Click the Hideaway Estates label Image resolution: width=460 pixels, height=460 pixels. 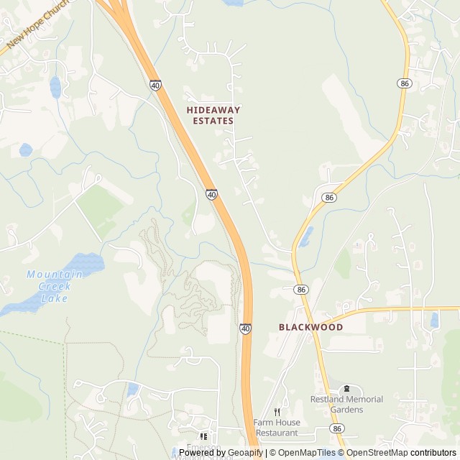[213, 115]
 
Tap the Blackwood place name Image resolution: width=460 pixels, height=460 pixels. [310, 326]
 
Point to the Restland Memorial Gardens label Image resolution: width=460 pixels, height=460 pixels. [346, 404]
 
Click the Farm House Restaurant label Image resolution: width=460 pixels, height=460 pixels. [277, 428]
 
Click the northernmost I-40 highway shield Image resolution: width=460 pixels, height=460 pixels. [155, 85]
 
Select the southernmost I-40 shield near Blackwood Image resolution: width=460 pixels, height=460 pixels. [246, 328]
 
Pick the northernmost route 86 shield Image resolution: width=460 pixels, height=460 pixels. [405, 84]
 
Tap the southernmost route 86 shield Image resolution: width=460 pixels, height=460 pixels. [337, 428]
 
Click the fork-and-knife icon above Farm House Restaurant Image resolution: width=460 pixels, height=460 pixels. [277, 412]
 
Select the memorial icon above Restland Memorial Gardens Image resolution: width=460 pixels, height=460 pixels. [347, 389]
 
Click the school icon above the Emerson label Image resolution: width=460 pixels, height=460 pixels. [203, 436]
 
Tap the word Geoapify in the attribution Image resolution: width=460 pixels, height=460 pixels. [246, 453]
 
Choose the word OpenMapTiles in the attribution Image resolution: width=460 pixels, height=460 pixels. [308, 453]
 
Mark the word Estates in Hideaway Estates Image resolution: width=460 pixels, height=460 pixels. [213, 121]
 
